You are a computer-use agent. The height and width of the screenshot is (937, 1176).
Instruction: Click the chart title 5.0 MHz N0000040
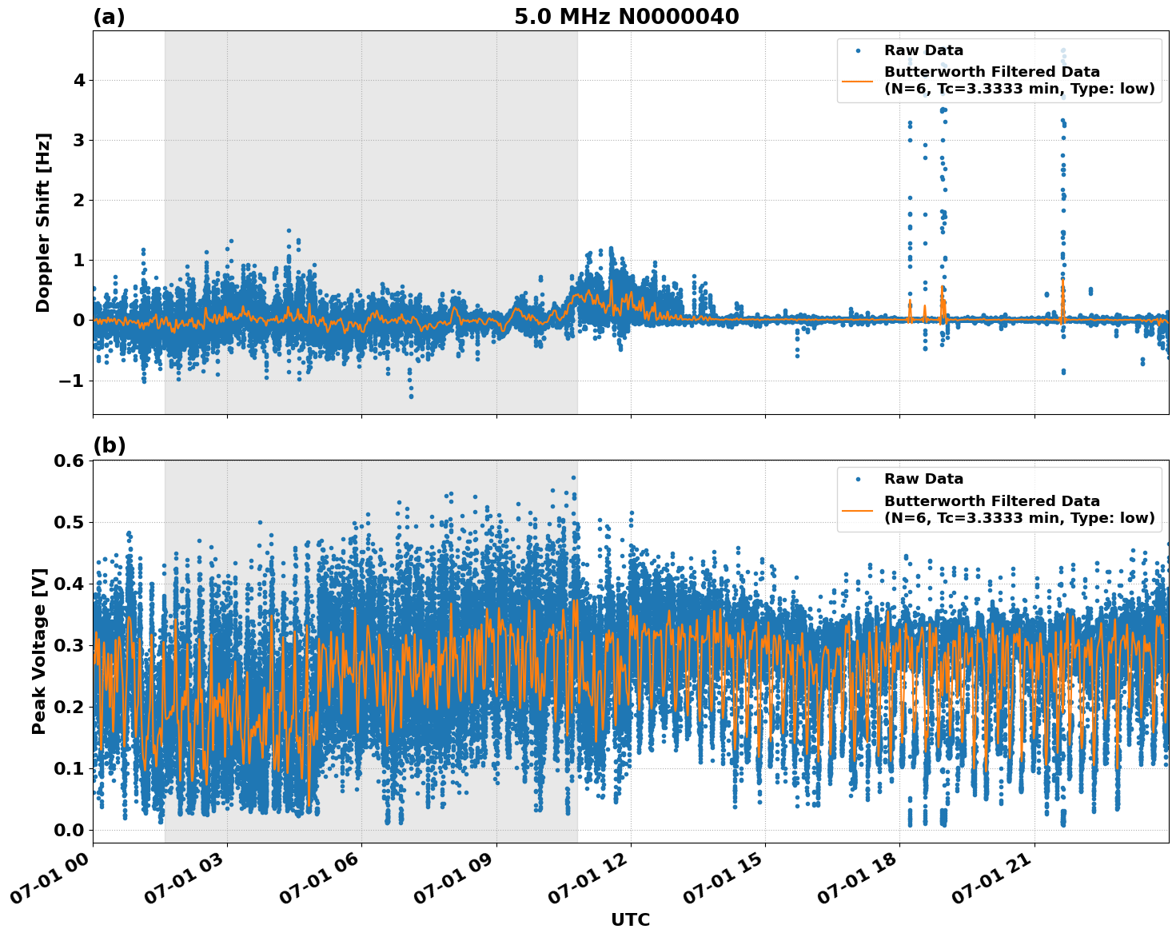[626, 17]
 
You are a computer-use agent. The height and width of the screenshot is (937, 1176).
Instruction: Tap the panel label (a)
[109, 17]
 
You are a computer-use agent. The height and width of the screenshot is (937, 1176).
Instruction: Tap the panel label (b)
[109, 445]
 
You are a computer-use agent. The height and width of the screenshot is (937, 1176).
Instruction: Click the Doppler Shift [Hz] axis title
[43, 222]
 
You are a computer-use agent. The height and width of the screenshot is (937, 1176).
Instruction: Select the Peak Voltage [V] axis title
[39, 651]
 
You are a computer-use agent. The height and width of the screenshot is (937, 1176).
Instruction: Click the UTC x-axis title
[630, 919]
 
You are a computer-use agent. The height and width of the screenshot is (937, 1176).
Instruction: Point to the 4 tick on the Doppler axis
[79, 80]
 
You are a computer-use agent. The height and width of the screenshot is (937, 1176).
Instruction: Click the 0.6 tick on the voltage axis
[68, 461]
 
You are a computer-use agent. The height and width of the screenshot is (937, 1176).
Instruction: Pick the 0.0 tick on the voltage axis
[68, 830]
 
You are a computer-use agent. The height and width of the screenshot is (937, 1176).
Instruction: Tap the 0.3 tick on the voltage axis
[68, 645]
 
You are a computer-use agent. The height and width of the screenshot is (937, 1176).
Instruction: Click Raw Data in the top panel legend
[923, 51]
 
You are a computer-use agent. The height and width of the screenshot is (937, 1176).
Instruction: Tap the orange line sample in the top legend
[857, 80]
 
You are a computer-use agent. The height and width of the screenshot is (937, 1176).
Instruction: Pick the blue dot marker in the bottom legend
[857, 479]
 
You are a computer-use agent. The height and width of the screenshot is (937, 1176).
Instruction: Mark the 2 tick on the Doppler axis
[79, 200]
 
